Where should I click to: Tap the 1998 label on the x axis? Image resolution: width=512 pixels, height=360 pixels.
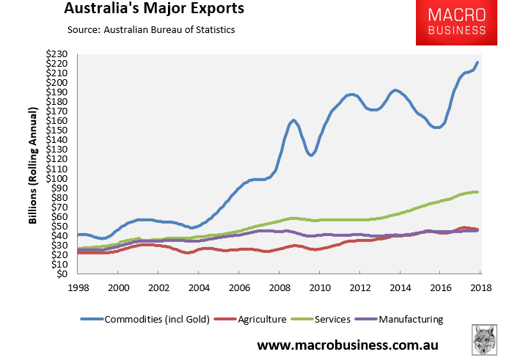79,287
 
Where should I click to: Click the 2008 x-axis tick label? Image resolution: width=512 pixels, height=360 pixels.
279,287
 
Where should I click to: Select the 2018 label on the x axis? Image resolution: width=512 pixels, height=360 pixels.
480,287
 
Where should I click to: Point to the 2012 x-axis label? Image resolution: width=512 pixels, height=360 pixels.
359,287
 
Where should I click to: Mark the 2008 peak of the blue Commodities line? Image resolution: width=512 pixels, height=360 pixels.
293,120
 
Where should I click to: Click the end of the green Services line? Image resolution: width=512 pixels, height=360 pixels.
478,192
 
